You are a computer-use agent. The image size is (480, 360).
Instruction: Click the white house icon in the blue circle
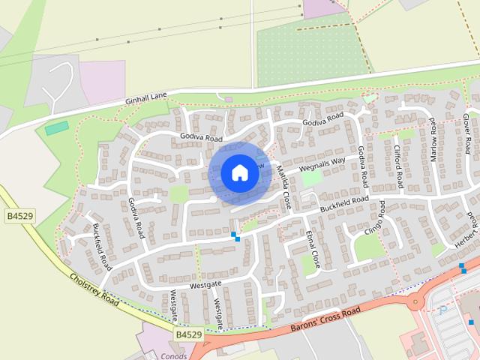[x=240, y=173]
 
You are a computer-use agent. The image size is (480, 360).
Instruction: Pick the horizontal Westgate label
[x=205, y=285]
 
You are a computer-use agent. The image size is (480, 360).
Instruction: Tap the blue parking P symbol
[x=443, y=307]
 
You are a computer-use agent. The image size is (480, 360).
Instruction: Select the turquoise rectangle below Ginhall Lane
[x=56, y=128]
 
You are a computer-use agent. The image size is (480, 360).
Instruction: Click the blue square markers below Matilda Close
[x=235, y=236]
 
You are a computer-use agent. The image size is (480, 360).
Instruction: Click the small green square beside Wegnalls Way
[x=311, y=178]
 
